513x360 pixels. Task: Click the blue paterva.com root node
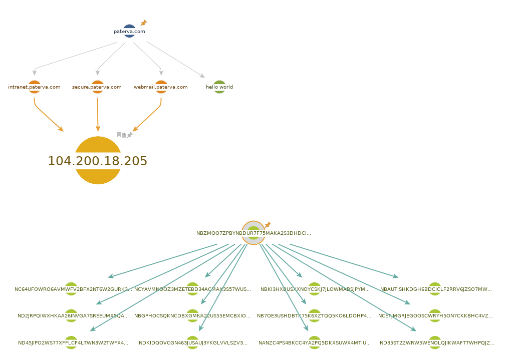[129, 31]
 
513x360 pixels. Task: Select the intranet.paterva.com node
[34, 87]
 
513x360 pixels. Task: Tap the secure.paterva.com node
[97, 87]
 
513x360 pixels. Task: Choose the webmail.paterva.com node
[161, 87]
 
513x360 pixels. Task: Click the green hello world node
[219, 87]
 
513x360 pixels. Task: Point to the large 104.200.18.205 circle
[98, 160]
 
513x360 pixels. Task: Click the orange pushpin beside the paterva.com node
[144, 23]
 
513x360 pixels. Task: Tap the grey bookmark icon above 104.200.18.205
[119, 135]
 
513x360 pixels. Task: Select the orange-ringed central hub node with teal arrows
[253, 233]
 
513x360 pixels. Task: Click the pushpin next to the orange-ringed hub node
[268, 225]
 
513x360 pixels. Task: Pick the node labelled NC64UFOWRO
[71, 289]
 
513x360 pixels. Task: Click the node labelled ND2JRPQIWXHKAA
[71, 315]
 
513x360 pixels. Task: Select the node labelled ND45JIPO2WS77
[71, 342]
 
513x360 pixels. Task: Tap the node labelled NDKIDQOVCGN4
[193, 342]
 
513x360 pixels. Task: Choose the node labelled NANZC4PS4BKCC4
[314, 342]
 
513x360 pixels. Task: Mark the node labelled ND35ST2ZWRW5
[435, 342]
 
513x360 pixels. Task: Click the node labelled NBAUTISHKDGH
[435, 289]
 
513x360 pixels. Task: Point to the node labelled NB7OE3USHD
[314, 315]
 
